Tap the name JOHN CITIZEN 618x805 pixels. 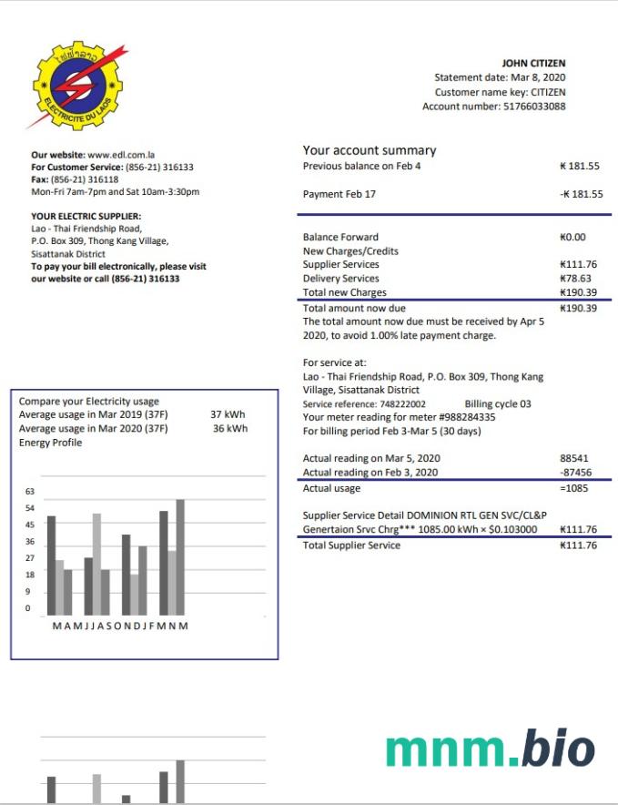pos(533,64)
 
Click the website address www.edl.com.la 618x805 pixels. pos(125,156)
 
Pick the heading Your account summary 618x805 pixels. pos(370,150)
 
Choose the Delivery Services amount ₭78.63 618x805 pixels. pos(575,279)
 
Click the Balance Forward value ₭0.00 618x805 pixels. pos(572,237)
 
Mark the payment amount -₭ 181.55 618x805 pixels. pos(581,195)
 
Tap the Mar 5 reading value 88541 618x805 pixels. pos(576,458)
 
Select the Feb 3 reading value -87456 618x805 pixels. pos(576,473)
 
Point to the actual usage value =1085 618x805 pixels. pos(577,488)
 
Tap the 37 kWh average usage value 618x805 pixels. pos(228,414)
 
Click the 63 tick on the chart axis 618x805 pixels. pos(29,492)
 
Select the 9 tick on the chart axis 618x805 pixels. pos(27,591)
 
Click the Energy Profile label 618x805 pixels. pos(50,443)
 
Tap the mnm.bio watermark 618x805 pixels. pos(490,748)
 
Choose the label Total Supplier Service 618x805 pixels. pos(351,545)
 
